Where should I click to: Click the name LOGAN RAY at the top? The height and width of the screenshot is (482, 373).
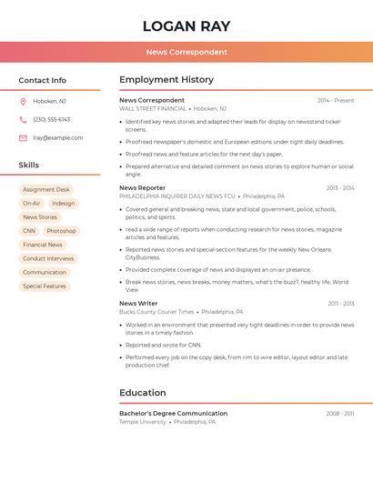point(186,26)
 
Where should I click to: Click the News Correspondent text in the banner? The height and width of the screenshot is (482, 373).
point(186,52)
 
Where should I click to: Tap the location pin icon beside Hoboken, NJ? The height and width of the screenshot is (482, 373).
point(23,102)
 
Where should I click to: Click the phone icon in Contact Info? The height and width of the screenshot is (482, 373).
point(23,120)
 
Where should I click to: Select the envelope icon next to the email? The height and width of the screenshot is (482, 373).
point(23,138)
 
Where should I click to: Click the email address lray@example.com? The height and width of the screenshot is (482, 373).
point(58,138)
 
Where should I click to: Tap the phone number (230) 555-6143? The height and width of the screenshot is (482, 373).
point(52,120)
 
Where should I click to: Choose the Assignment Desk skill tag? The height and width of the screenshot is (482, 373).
point(46,190)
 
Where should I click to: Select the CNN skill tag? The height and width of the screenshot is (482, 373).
point(29,231)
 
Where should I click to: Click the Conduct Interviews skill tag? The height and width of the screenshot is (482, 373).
point(48,258)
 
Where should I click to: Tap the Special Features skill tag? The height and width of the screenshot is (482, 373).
point(45,286)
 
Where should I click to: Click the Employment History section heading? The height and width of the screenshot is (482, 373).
point(166,80)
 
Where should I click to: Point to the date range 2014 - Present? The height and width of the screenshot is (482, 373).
point(336,101)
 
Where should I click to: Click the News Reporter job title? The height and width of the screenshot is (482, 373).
point(142,188)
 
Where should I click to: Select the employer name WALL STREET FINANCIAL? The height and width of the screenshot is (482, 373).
point(153,109)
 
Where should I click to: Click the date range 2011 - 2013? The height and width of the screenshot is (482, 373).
point(341,304)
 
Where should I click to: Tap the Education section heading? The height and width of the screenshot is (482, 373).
point(143,393)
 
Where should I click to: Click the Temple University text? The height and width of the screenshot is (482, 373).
point(143,422)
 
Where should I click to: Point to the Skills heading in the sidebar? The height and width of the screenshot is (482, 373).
point(29,166)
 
